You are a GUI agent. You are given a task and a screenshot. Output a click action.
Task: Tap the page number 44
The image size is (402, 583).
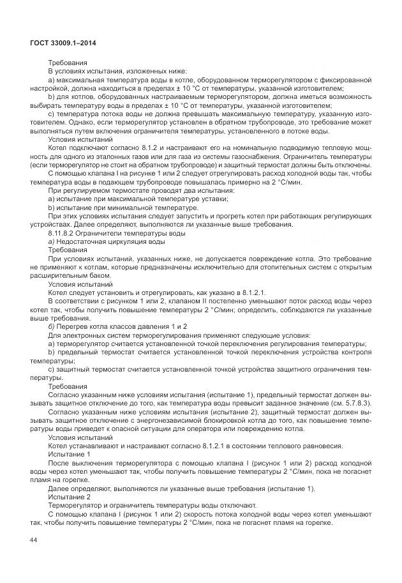(x=33, y=541)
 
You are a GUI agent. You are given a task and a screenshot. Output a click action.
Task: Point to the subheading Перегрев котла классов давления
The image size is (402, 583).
(x=115, y=326)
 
